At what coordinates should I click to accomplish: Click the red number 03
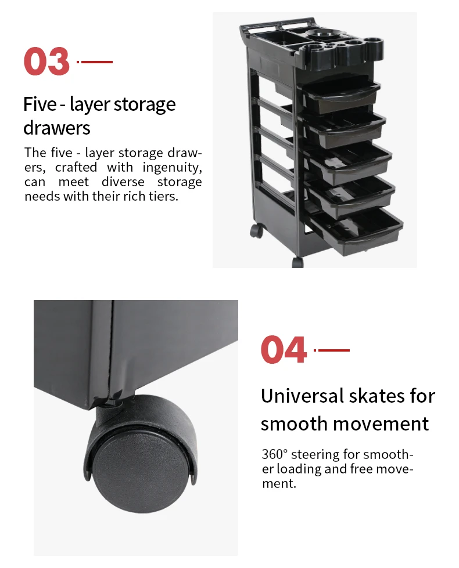point(46,61)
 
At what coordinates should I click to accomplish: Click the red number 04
point(284,350)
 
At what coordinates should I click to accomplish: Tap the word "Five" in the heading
point(40,104)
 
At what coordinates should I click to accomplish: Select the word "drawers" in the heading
point(56,128)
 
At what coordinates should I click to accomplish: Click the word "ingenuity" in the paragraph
point(172,168)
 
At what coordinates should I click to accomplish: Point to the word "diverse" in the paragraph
point(123,182)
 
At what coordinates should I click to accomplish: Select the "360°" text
point(274,454)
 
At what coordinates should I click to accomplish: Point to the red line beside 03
point(95,62)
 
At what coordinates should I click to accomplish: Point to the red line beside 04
point(332,350)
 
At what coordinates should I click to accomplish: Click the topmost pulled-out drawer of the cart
point(341,95)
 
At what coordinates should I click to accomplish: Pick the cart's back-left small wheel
point(257,230)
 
